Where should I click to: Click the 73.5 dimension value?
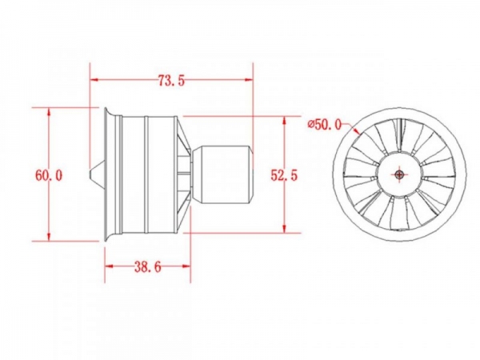(x=171, y=80)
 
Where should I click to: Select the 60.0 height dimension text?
(x=49, y=175)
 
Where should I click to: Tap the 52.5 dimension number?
(x=284, y=175)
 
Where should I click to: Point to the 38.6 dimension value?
(x=148, y=267)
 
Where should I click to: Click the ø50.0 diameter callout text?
(x=325, y=124)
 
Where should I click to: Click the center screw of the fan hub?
(x=399, y=174)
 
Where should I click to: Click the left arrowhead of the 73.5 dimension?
(x=94, y=80)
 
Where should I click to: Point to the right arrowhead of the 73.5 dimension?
(x=249, y=80)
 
